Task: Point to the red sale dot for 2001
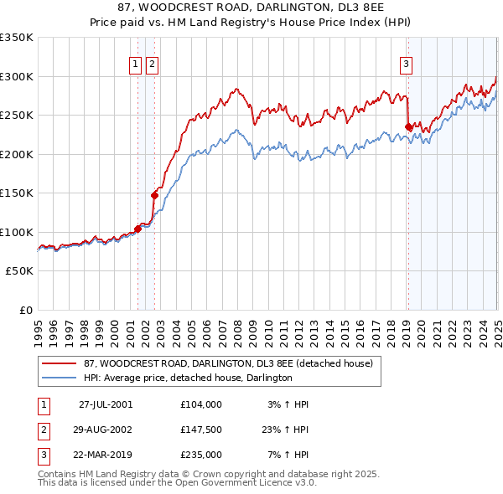(137, 229)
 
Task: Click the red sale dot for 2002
(154, 195)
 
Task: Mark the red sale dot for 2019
(408, 127)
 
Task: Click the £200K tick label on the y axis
(18, 154)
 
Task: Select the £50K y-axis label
(21, 271)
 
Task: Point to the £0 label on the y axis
(26, 310)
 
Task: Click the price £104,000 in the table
(201, 404)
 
